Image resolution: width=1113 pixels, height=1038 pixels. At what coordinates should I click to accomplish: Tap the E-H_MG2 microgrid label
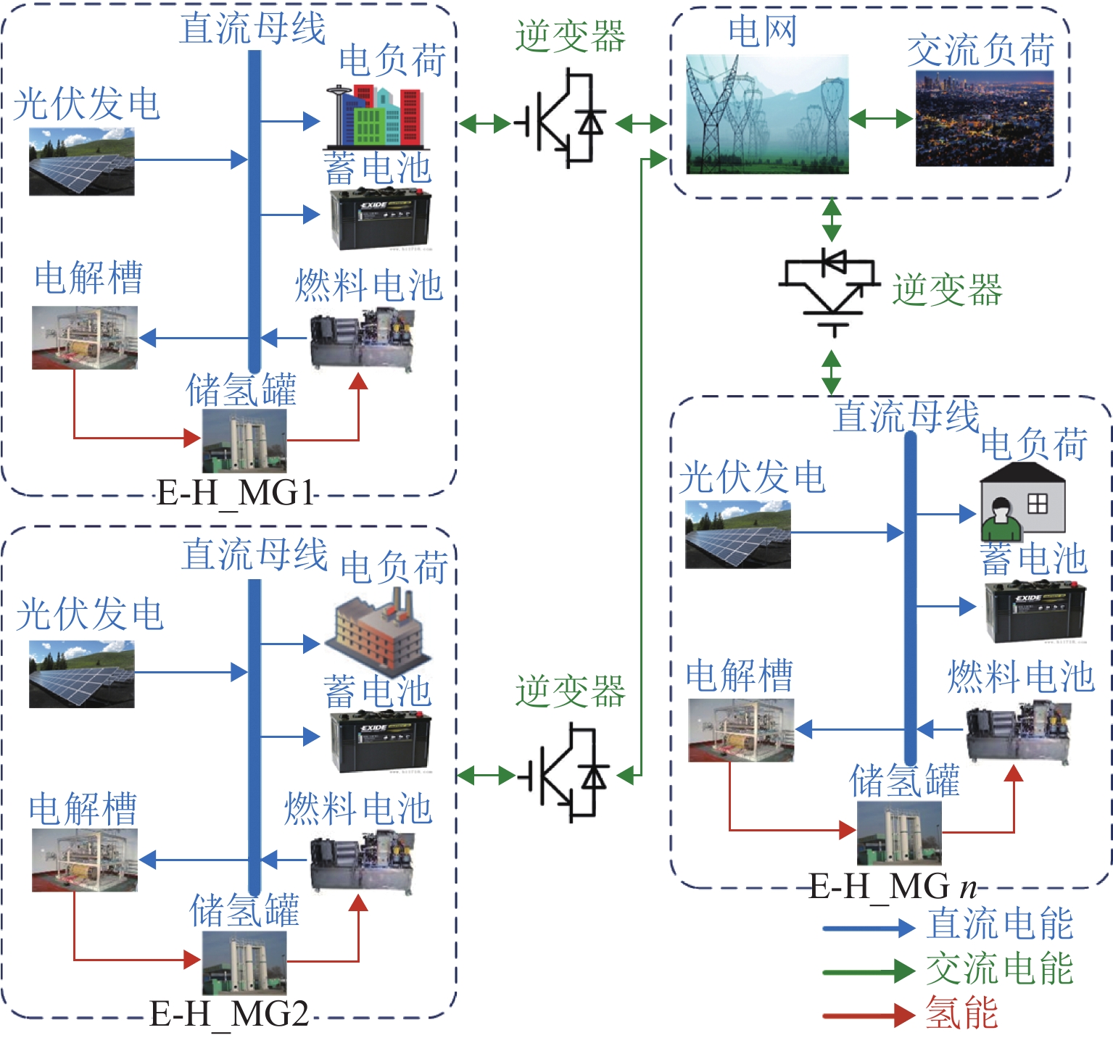click(x=229, y=1013)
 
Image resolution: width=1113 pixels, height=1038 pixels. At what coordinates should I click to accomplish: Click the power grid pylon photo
click(x=766, y=115)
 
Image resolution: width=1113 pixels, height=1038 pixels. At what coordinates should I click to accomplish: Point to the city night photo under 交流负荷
click(x=984, y=118)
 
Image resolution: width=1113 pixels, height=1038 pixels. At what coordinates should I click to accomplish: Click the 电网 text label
click(x=762, y=32)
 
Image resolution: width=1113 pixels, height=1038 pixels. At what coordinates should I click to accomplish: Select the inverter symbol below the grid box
click(x=830, y=290)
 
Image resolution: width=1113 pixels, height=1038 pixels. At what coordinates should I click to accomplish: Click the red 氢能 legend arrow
click(x=868, y=1014)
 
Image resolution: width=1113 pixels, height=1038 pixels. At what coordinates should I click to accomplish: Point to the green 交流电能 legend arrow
click(x=868, y=971)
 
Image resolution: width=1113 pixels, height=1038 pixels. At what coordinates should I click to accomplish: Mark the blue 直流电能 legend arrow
click(x=868, y=927)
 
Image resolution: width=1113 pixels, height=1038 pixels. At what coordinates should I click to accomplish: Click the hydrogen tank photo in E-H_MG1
click(x=244, y=441)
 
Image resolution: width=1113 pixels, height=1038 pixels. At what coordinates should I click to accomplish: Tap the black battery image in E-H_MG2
click(x=380, y=742)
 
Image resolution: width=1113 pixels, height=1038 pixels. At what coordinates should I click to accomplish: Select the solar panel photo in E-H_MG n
click(x=737, y=534)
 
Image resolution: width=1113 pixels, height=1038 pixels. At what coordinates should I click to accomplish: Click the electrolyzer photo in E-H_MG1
click(x=84, y=338)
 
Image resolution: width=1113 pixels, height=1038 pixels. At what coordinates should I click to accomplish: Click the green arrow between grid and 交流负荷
click(x=881, y=118)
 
